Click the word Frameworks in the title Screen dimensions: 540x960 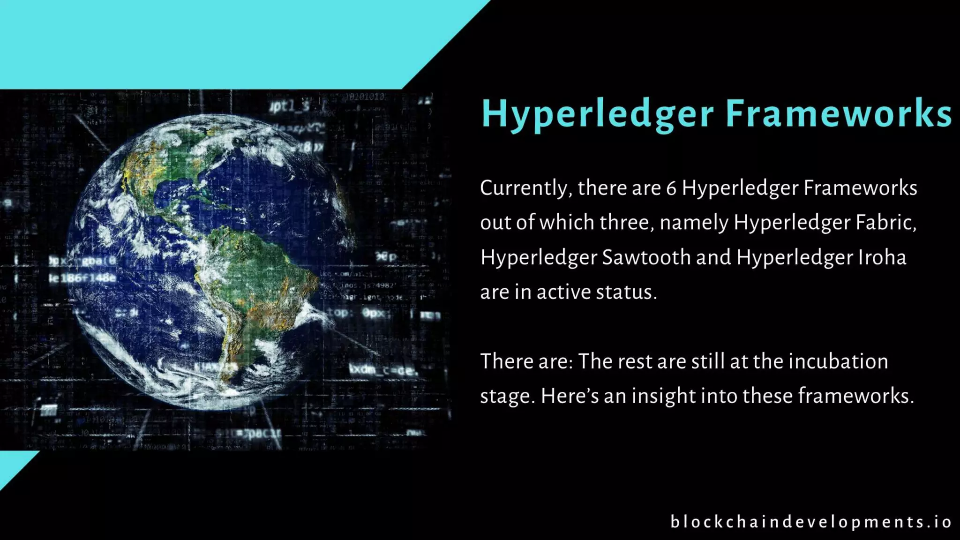(x=839, y=114)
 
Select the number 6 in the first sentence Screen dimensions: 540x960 (x=671, y=188)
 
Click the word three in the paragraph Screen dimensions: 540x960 (x=626, y=223)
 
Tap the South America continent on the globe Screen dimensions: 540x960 (x=253, y=277)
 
